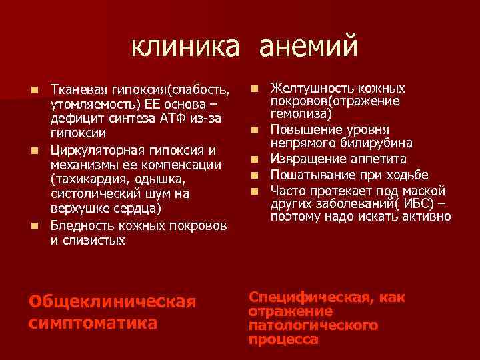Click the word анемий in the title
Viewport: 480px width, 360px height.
pos(308,47)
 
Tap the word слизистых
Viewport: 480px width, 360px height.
pos(88,240)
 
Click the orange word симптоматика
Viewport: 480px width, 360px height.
pos(93,323)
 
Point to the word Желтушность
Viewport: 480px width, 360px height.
pos(309,89)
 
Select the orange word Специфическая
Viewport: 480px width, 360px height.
pos(313,297)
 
